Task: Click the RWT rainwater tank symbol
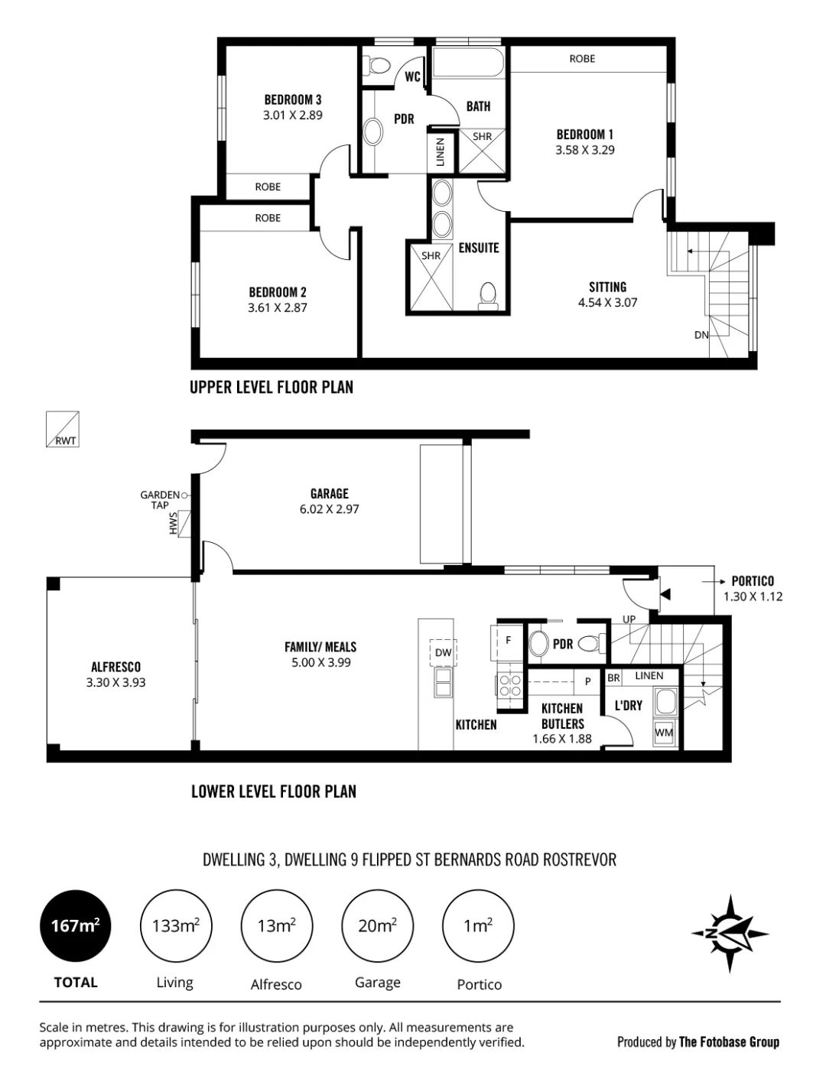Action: [x=62, y=429]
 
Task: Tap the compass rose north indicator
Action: [x=730, y=934]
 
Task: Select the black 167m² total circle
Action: [x=75, y=926]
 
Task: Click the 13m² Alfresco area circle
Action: [x=276, y=926]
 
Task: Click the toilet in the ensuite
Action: [x=488, y=296]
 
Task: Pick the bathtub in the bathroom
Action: [x=468, y=62]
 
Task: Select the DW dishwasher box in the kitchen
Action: [x=443, y=652]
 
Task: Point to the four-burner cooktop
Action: [x=510, y=685]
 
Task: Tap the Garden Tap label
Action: [x=160, y=500]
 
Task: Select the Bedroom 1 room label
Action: [x=585, y=135]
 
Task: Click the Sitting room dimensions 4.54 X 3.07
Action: [x=607, y=302]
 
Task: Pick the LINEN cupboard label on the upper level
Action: [x=441, y=151]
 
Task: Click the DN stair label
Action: [x=701, y=335]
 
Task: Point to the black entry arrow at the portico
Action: [x=665, y=594]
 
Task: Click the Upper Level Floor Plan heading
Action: [x=272, y=387]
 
